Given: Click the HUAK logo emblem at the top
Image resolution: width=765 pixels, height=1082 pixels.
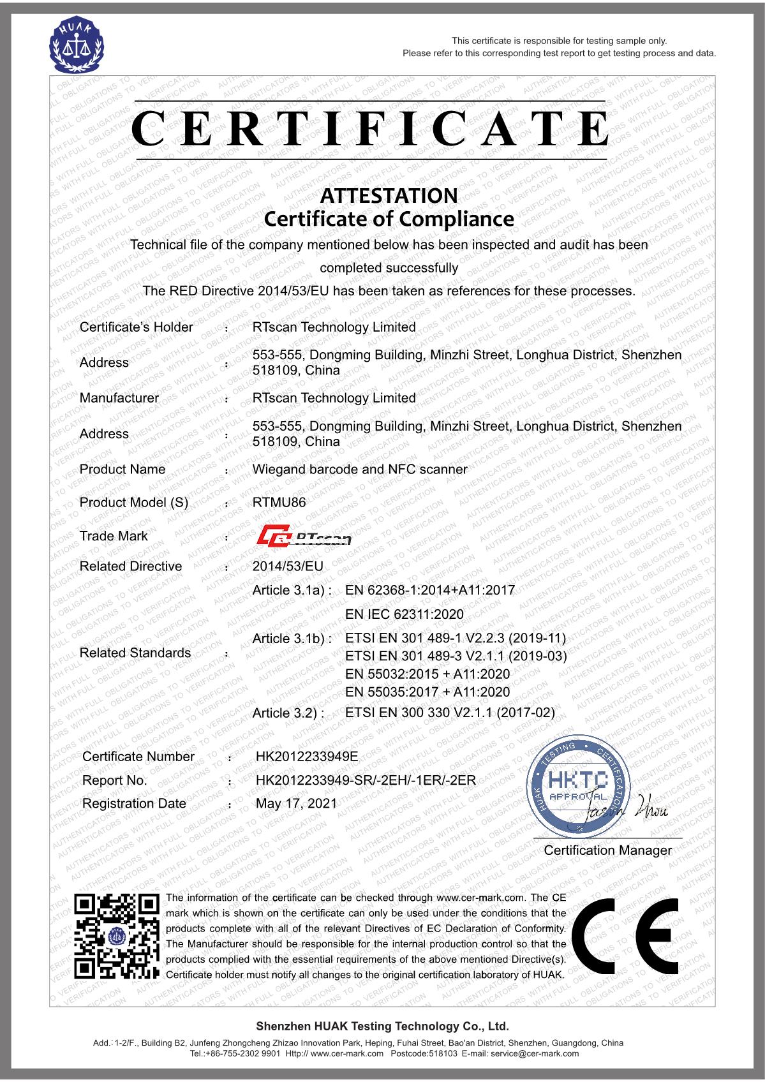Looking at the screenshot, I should (77, 45).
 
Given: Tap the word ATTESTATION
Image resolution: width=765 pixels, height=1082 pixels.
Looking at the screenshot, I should (389, 195).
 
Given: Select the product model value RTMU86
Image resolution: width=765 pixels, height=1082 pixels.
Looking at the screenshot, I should (279, 502).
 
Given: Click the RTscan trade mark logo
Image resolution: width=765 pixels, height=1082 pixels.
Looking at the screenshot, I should (304, 536).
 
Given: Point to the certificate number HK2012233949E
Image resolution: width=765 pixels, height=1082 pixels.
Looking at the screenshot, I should (307, 756).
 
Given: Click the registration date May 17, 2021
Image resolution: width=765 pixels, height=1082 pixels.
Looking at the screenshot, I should (296, 803).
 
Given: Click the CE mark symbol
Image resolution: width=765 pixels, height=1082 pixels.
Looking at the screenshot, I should (626, 935).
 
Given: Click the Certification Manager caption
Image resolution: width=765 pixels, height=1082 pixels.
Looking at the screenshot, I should (607, 850).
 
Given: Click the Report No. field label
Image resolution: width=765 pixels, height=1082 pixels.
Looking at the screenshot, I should (115, 780).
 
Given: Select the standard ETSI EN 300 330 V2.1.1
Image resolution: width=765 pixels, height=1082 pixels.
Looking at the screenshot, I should (450, 712).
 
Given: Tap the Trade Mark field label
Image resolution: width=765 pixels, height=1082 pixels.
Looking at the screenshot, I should (114, 536).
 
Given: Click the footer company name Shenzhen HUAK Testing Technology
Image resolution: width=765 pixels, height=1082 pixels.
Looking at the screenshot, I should (382, 1026).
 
